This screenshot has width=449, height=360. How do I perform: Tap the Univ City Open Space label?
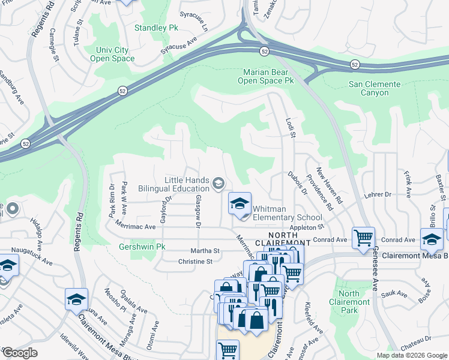[x=112, y=54]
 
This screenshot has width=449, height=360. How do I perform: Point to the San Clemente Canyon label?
[x=377, y=88]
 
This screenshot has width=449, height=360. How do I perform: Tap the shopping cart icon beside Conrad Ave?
[x=363, y=238]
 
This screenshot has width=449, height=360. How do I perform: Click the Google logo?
[x=19, y=353]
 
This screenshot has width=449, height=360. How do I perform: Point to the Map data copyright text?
[x=412, y=355]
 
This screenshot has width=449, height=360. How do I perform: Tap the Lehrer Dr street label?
[x=378, y=194]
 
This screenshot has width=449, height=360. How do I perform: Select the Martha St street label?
[x=205, y=251]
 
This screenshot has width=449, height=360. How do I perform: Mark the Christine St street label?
[x=196, y=262]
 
